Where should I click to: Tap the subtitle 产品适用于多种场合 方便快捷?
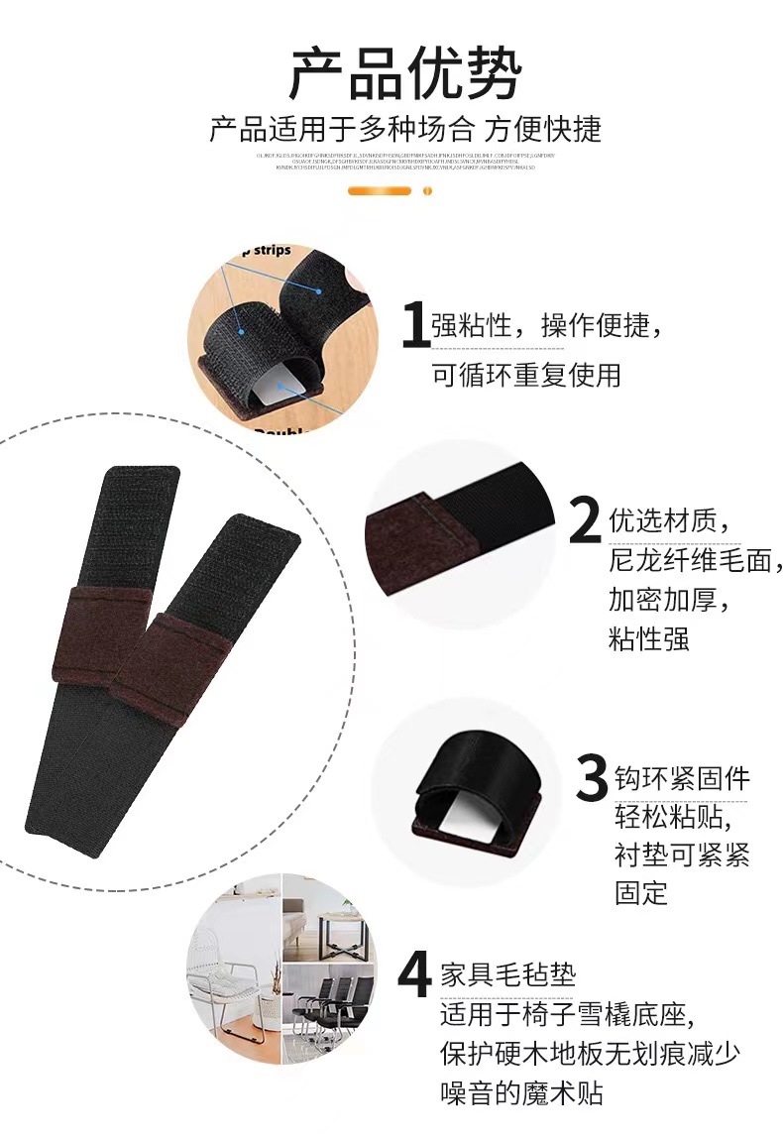(x=404, y=130)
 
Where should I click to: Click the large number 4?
(x=413, y=975)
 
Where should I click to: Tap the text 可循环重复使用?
(x=525, y=375)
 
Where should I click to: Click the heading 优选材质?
(x=668, y=520)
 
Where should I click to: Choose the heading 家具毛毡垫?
(x=507, y=975)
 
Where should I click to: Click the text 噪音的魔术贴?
(x=521, y=1093)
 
